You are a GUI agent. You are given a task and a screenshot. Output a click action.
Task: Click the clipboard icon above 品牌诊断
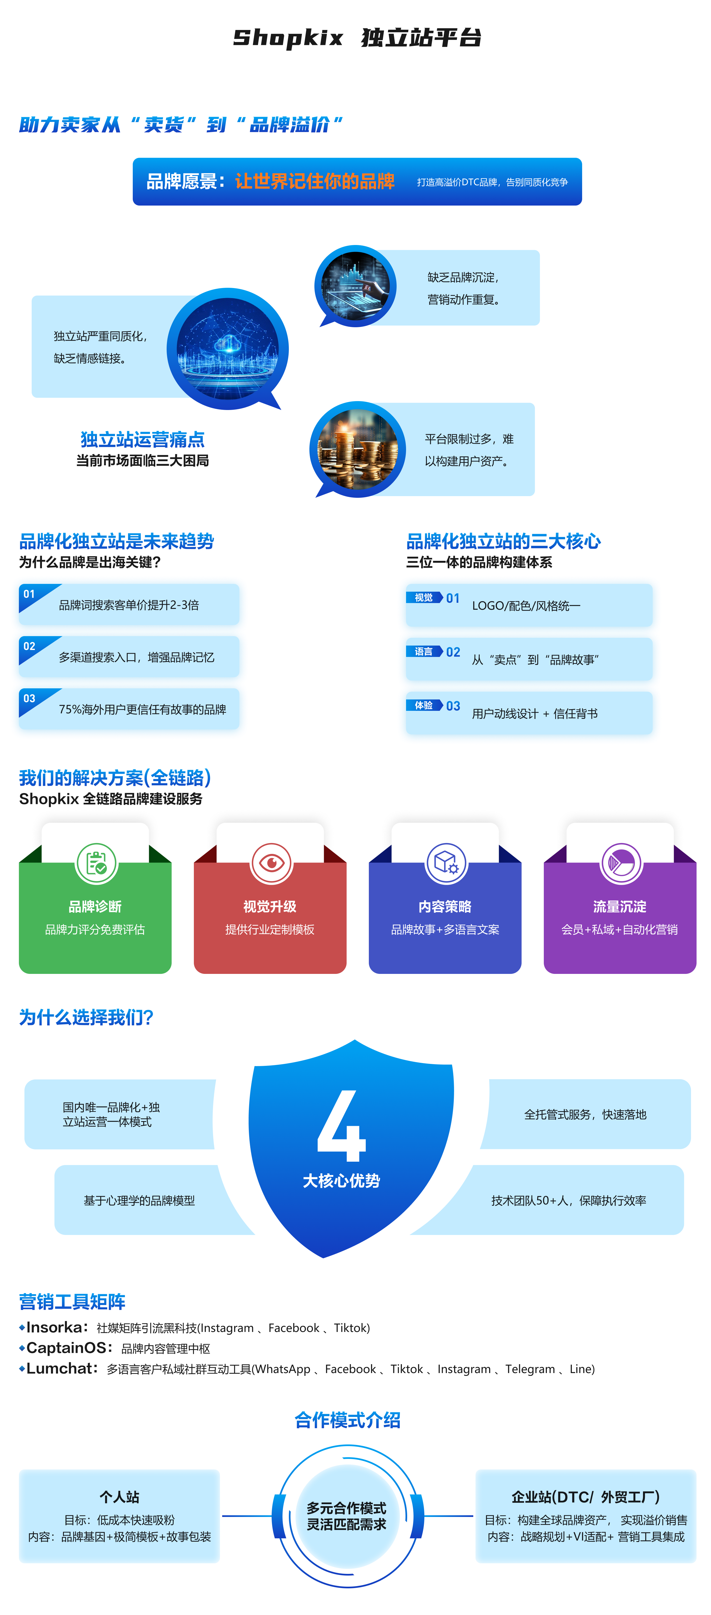tap(96, 863)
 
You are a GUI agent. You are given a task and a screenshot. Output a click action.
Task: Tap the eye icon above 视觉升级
tap(271, 863)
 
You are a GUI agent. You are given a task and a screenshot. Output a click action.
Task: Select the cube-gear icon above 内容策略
tap(446, 863)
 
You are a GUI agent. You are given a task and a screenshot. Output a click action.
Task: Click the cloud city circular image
tap(227, 349)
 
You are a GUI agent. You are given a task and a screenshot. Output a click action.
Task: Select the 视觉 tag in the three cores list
tap(424, 597)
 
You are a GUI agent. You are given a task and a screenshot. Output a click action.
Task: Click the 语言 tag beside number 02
tap(424, 651)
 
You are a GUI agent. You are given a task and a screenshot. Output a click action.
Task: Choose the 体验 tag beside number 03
tap(424, 705)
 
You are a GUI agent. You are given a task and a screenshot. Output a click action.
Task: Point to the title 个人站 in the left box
tap(119, 1496)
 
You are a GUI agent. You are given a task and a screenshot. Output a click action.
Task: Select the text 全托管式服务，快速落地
tap(585, 1114)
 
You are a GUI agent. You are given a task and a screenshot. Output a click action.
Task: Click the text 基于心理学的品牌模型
tap(139, 1200)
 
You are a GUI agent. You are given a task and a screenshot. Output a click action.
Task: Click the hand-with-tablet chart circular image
tap(355, 286)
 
